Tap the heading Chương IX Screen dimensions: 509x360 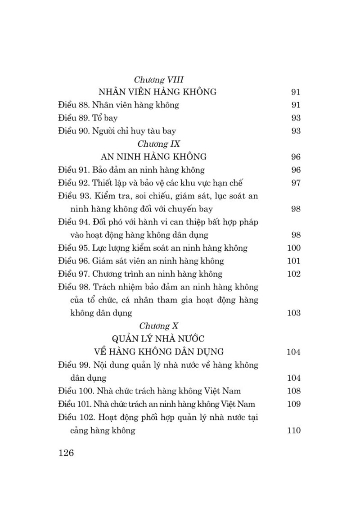click(157, 144)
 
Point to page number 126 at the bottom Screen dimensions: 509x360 click(66, 453)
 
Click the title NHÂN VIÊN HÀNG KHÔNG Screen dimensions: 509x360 click(157, 92)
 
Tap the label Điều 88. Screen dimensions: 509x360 click(74, 105)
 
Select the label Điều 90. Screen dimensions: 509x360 click(74, 131)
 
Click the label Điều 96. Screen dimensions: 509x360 click(74, 261)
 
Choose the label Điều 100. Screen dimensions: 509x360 click(76, 391)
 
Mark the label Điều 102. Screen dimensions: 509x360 click(76, 417)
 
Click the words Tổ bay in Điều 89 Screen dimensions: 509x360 click(102, 118)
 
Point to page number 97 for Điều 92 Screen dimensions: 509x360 click(296, 183)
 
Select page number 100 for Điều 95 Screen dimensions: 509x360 click(293, 248)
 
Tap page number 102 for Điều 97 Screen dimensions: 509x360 click(293, 274)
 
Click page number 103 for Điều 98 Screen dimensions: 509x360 click(293, 313)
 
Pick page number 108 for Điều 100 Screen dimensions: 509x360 click(293, 391)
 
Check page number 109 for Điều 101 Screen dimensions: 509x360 click(293, 404)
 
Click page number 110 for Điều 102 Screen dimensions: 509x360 click(293, 431)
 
